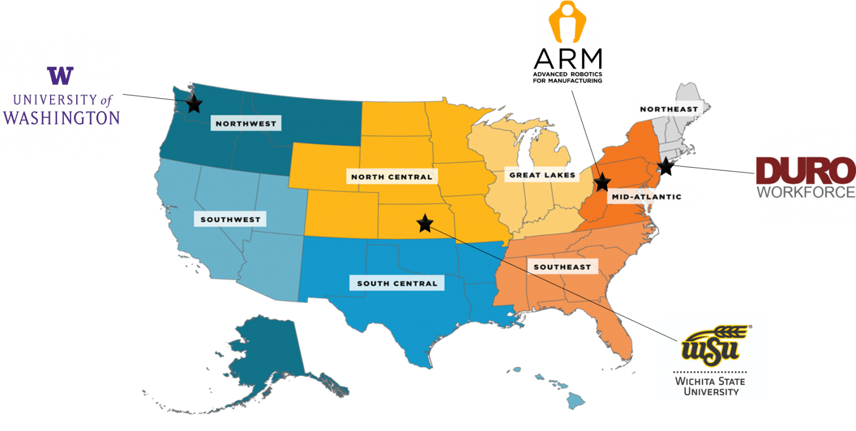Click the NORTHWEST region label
click(x=246, y=123)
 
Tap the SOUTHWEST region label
click(x=230, y=219)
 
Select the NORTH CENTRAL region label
click(x=391, y=177)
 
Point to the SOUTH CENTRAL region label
click(x=397, y=283)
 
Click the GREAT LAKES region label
click(x=542, y=175)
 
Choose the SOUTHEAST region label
click(x=562, y=267)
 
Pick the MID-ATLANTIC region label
click(x=646, y=196)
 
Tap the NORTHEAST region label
click(x=668, y=109)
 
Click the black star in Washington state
click(x=193, y=104)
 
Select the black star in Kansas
click(x=425, y=223)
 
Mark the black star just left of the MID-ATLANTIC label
click(x=601, y=182)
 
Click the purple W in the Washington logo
click(x=60, y=75)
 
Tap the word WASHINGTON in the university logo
click(x=61, y=118)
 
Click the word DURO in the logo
click(x=805, y=171)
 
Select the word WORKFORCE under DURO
click(x=805, y=192)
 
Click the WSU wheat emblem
click(x=711, y=345)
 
